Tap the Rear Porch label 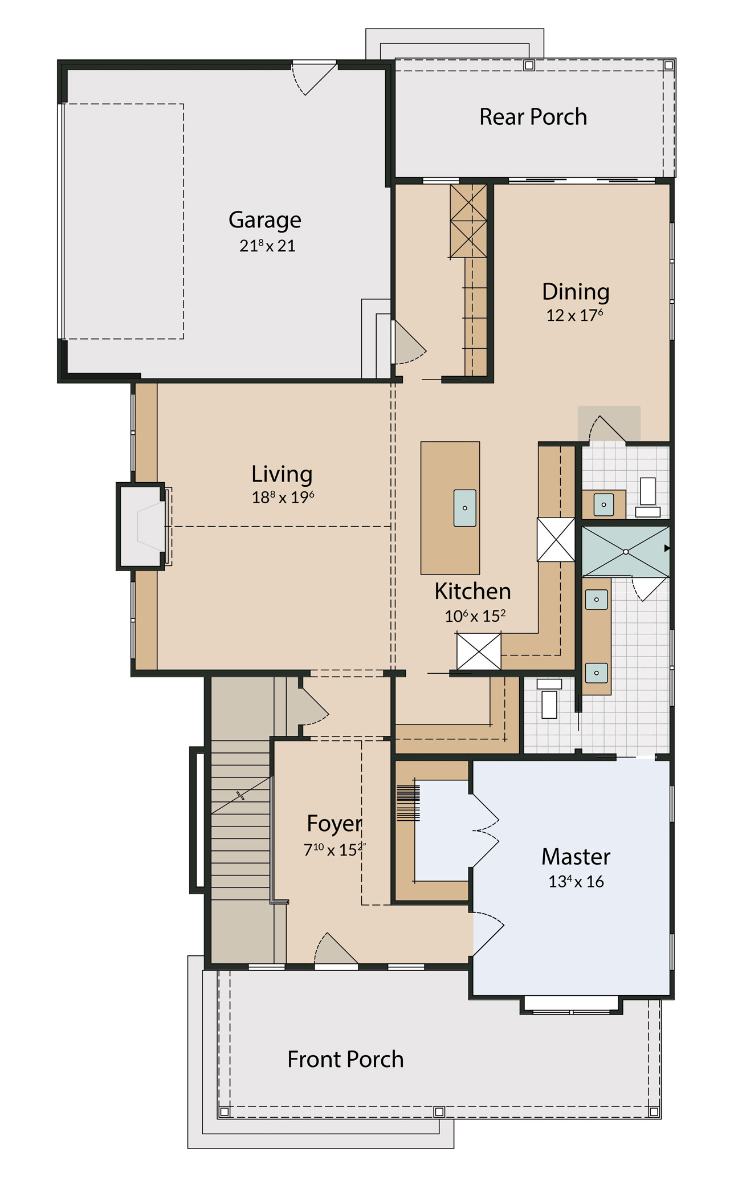(533, 117)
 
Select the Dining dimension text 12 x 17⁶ (575, 315)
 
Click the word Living (282, 475)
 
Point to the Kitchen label (472, 591)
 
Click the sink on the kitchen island (465, 508)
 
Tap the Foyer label (335, 824)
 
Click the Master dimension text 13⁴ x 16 (576, 881)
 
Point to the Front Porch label (345, 1060)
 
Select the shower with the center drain (625, 552)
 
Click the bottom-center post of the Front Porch (439, 1111)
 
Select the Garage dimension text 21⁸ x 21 (267, 246)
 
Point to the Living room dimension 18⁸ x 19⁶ (283, 497)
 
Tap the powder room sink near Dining (603, 504)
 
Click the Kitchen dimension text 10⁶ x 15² (475, 616)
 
